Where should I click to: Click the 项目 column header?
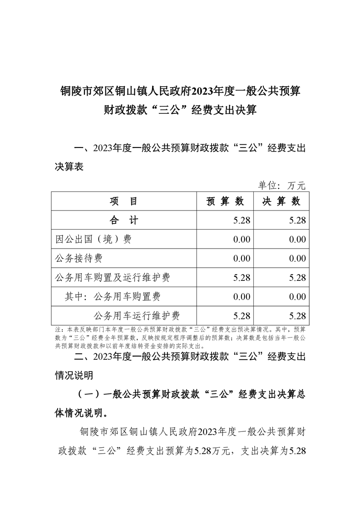123,201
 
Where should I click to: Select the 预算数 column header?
225,201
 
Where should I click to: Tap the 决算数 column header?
281,201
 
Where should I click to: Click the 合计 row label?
123,220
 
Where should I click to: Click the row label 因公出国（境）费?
93,240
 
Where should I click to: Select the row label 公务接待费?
78,259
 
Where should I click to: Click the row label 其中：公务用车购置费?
112,297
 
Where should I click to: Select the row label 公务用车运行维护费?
137,316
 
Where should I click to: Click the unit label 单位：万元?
282,185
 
